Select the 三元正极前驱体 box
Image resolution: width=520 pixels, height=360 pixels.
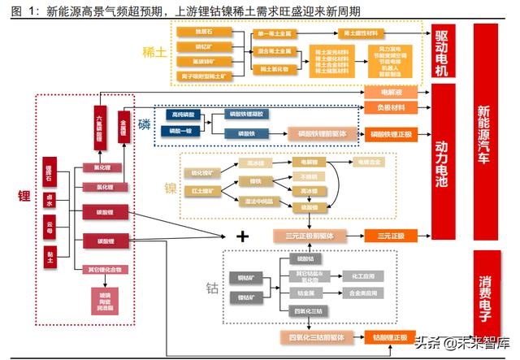coord(309,236)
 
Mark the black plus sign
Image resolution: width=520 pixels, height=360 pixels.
coord(240,236)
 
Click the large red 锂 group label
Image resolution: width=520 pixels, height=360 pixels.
coord(24,196)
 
